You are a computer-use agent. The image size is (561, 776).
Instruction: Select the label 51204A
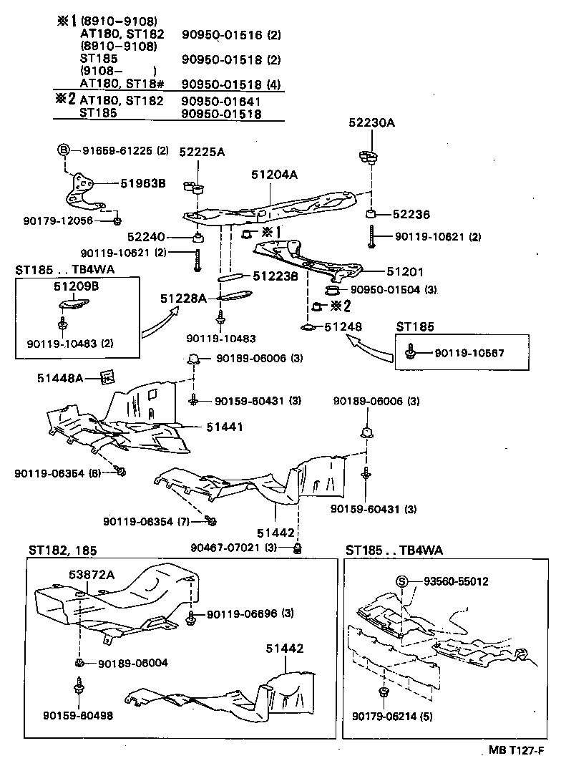pos(275,173)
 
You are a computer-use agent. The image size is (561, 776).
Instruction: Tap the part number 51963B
pos(142,183)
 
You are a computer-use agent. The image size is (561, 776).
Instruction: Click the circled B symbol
pos(63,150)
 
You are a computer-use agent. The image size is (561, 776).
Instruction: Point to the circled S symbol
pos(402,582)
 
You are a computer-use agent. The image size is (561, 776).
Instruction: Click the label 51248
pos(345,326)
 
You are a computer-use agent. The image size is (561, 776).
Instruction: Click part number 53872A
pos(91,574)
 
